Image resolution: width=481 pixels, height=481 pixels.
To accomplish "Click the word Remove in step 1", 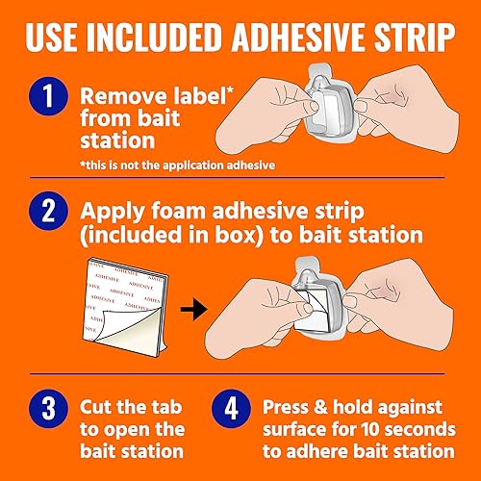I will tap(118, 96).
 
